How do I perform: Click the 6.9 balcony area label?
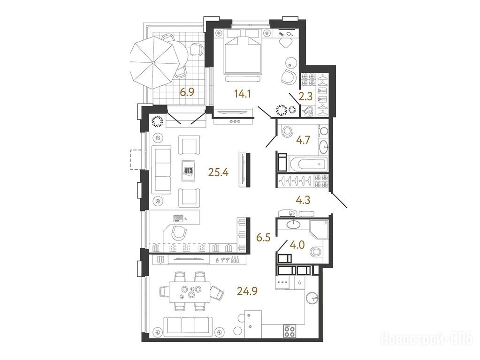click(187, 92)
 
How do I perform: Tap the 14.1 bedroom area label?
click(243, 94)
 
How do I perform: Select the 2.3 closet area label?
click(305, 97)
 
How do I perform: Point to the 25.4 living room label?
click(218, 173)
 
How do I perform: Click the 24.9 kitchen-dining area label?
click(247, 291)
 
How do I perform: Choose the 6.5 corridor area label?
click(264, 238)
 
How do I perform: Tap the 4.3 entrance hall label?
click(303, 200)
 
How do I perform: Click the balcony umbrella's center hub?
click(153, 63)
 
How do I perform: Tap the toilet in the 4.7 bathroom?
click(287, 132)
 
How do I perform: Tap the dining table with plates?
click(190, 292)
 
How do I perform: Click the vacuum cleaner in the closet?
click(307, 111)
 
